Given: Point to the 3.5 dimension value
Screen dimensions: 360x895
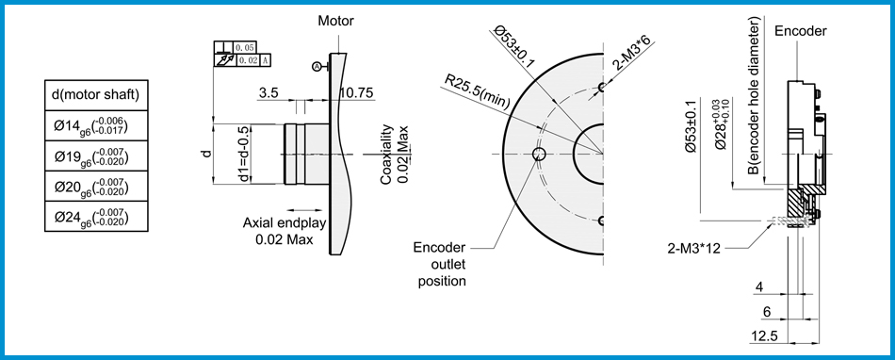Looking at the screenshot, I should [268, 93].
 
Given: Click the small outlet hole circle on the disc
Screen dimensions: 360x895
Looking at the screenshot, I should [539, 154].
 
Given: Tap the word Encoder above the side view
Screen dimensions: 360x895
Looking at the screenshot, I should [800, 31].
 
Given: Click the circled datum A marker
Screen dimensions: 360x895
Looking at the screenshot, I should [317, 65].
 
